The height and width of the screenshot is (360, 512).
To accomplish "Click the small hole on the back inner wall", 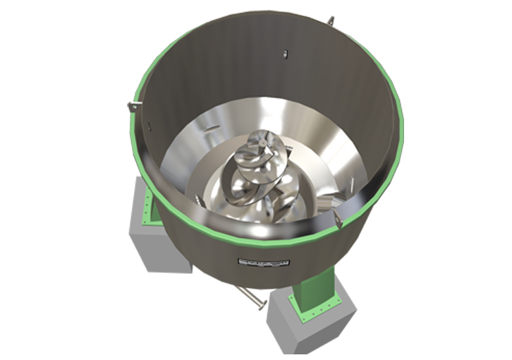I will (282, 52).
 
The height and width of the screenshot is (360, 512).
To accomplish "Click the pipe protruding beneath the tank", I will (247, 295).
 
